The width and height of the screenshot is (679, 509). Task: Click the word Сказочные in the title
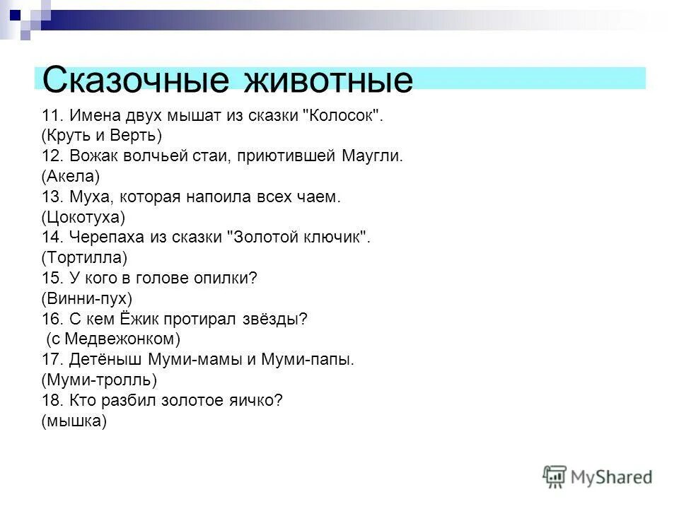135,80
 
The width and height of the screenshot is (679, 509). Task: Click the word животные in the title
327,80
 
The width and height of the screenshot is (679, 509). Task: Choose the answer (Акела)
71,175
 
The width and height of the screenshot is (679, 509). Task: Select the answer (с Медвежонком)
114,339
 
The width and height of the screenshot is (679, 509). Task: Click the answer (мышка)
74,421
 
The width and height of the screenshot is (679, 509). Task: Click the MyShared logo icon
555,476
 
